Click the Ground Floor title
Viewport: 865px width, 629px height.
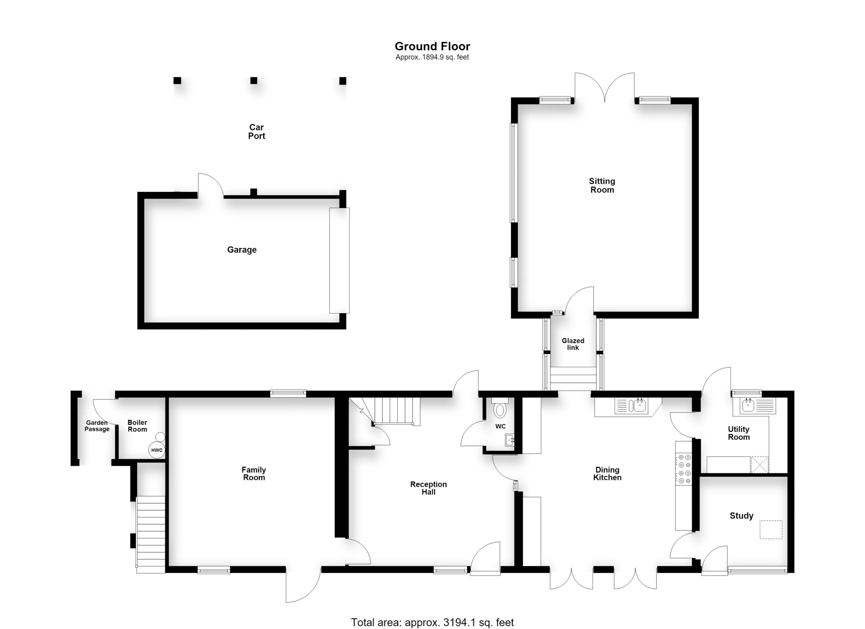432,46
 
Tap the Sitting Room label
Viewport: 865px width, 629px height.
602,185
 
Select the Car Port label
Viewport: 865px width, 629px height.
256,131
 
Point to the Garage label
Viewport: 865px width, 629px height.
242,250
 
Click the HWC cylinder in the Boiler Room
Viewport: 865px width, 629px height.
157,450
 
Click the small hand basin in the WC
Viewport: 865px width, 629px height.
510,440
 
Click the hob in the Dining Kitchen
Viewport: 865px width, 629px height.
684,469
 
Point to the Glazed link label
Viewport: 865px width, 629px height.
573,344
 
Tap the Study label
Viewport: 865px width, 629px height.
741,516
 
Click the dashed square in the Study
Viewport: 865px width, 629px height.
771,529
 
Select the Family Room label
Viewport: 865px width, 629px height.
254,474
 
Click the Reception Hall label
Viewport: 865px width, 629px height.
428,488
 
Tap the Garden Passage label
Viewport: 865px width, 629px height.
97,426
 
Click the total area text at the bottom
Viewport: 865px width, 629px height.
432,622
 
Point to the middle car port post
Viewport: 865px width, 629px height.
254,80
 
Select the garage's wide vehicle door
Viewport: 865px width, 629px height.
340,260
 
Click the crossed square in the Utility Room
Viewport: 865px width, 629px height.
759,465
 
